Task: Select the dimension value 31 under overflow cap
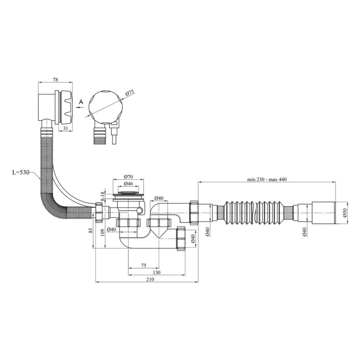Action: pyautogui.click(x=65, y=128)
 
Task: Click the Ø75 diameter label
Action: pyautogui.click(x=129, y=93)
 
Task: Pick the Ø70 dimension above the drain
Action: pyautogui.click(x=128, y=177)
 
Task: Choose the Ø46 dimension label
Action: pyautogui.click(x=128, y=184)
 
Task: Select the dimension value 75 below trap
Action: pyautogui.click(x=143, y=265)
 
